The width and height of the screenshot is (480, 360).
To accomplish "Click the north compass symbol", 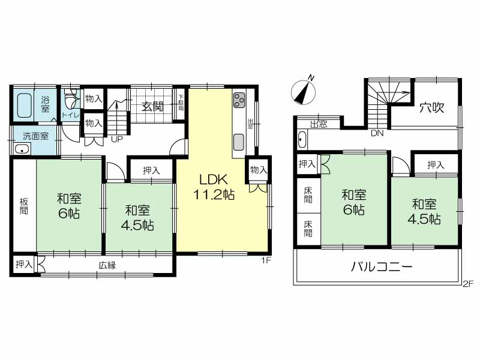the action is (x=304, y=91).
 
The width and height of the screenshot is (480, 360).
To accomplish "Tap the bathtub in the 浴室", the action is (x=25, y=106).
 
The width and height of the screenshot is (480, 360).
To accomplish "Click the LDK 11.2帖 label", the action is (x=214, y=187).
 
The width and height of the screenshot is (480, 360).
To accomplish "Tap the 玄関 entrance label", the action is (x=153, y=107).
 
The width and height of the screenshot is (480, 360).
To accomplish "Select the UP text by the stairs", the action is (x=117, y=140).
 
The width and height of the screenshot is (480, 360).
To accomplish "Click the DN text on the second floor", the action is (x=377, y=133).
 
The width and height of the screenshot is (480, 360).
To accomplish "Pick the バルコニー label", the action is (x=382, y=267).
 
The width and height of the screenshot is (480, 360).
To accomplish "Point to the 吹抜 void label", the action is (x=431, y=107).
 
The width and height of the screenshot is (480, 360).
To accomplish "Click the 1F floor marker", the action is (x=266, y=260).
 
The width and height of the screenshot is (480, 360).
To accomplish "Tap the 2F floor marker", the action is (x=468, y=283).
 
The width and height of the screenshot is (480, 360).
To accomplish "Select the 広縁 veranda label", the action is (x=107, y=265).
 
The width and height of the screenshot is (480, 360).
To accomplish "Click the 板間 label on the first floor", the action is (x=24, y=206).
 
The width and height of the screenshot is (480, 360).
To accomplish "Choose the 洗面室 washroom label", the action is (x=36, y=136).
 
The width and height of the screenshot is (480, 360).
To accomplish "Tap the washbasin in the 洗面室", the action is (x=22, y=149).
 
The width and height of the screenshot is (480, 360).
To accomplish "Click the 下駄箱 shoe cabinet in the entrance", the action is (x=181, y=104).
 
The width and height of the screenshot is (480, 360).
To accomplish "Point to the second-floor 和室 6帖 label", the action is (x=354, y=202).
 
